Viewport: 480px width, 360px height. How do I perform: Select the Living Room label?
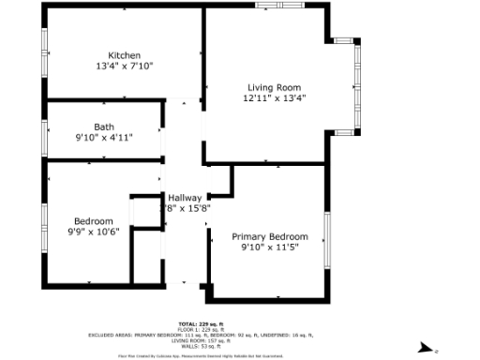(x=274, y=86)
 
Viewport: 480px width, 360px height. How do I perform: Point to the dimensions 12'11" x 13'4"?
(x=274, y=97)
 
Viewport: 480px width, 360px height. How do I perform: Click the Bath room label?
(x=103, y=127)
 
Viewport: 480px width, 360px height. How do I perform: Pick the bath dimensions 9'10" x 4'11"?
(x=103, y=138)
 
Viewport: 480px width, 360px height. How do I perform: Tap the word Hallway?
(x=186, y=198)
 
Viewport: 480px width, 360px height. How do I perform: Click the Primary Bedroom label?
(x=270, y=237)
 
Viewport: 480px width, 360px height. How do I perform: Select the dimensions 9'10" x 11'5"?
(x=270, y=249)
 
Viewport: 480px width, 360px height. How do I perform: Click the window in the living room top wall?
(x=278, y=6)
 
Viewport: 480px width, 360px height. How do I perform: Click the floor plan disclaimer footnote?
(x=201, y=355)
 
